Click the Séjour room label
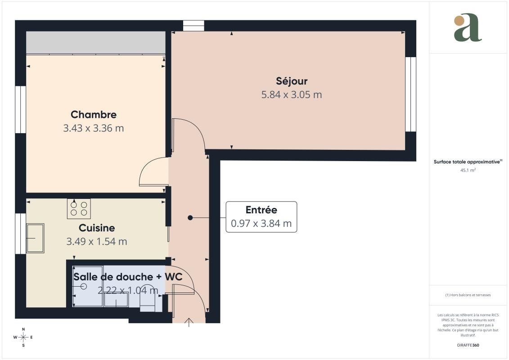[x=292, y=81]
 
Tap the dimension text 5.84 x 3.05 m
[x=292, y=95]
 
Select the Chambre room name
[x=94, y=115]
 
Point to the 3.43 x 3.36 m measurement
[x=94, y=128]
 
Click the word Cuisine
[x=97, y=228]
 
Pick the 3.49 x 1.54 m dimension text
[x=97, y=242]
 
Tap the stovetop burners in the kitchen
[x=79, y=209]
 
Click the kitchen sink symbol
[x=35, y=238]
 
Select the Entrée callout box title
[x=261, y=210]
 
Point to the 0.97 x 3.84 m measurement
[x=261, y=224]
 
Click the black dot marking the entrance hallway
[x=190, y=217]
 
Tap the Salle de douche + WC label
[x=128, y=277]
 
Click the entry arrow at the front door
[x=189, y=322]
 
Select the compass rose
[x=23, y=337]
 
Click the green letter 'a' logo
[x=468, y=27]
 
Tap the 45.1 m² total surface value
[x=468, y=170]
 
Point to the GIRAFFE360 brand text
[x=468, y=345]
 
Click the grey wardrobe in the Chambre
[x=96, y=42]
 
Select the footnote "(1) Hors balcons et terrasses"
[x=468, y=295]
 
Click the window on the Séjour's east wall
[x=410, y=94]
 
